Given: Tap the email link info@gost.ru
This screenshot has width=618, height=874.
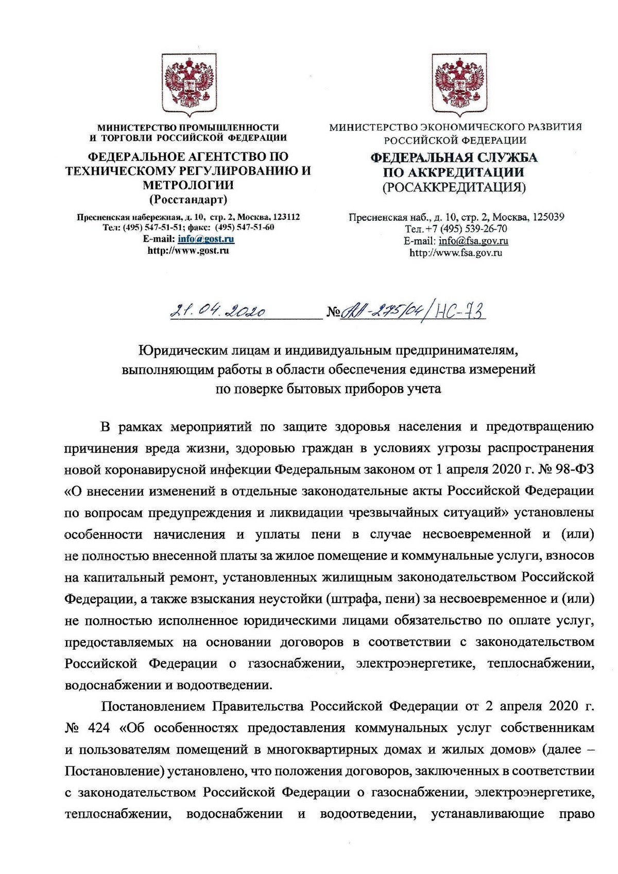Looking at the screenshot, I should coord(206,239).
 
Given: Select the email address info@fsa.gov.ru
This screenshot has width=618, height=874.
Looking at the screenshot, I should coord(473,241).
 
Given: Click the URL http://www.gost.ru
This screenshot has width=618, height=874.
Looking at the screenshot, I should coord(188,251).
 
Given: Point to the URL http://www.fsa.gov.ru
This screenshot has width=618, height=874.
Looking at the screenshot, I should coord(455,253).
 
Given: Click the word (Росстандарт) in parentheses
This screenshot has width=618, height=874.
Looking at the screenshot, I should coord(188,200).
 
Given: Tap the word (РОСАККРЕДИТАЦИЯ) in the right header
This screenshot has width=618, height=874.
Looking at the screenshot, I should coord(454,187).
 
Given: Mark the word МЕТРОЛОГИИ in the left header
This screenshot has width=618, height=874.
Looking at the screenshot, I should coord(188,185).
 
